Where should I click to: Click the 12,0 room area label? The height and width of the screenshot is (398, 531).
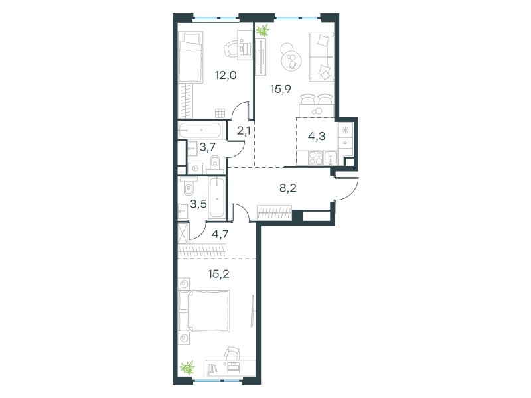pyautogui.click(x=226, y=75)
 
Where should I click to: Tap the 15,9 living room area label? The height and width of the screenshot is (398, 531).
pyautogui.click(x=281, y=89)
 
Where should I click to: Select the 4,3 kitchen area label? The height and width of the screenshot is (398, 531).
pyautogui.click(x=317, y=136)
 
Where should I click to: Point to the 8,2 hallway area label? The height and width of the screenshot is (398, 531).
pyautogui.click(x=288, y=188)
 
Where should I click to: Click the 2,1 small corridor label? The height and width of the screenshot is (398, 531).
pyautogui.click(x=244, y=130)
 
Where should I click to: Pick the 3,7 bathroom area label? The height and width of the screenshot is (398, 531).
pyautogui.click(x=208, y=147)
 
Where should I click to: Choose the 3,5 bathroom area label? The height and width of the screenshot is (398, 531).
pyautogui.click(x=198, y=204)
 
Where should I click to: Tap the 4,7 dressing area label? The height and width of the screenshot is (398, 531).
pyautogui.click(x=220, y=234)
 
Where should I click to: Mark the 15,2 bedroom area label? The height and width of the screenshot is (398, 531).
pyautogui.click(x=219, y=274)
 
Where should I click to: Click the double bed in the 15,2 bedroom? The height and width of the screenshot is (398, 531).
pyautogui.click(x=204, y=310)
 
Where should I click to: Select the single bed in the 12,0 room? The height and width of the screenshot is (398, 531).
pyautogui.click(x=190, y=57)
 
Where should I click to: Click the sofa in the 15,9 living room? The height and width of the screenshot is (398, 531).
pyautogui.click(x=322, y=57)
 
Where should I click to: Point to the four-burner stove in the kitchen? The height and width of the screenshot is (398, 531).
pyautogui.click(x=316, y=158)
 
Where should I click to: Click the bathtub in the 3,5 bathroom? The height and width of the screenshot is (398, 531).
pyautogui.click(x=217, y=197)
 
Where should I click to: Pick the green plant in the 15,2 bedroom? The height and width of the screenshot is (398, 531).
pyautogui.click(x=187, y=367)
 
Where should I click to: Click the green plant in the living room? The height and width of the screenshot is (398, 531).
pyautogui.click(x=262, y=30)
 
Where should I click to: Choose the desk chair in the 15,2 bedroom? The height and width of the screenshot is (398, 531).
pyautogui.click(x=232, y=354)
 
